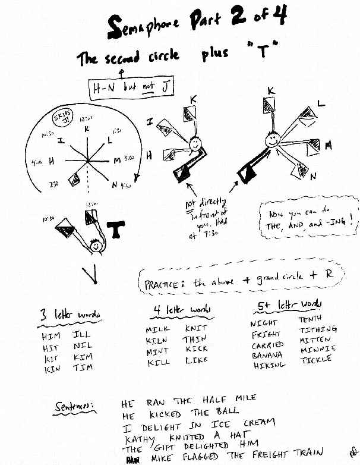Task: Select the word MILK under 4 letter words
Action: click(157, 329)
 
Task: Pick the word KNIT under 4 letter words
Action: click(196, 328)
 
